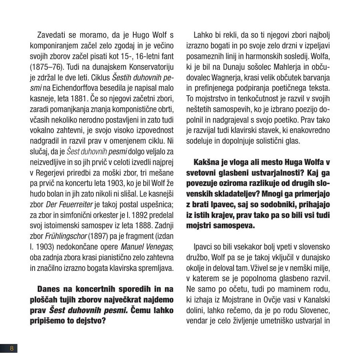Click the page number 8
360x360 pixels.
(x=12, y=348)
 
